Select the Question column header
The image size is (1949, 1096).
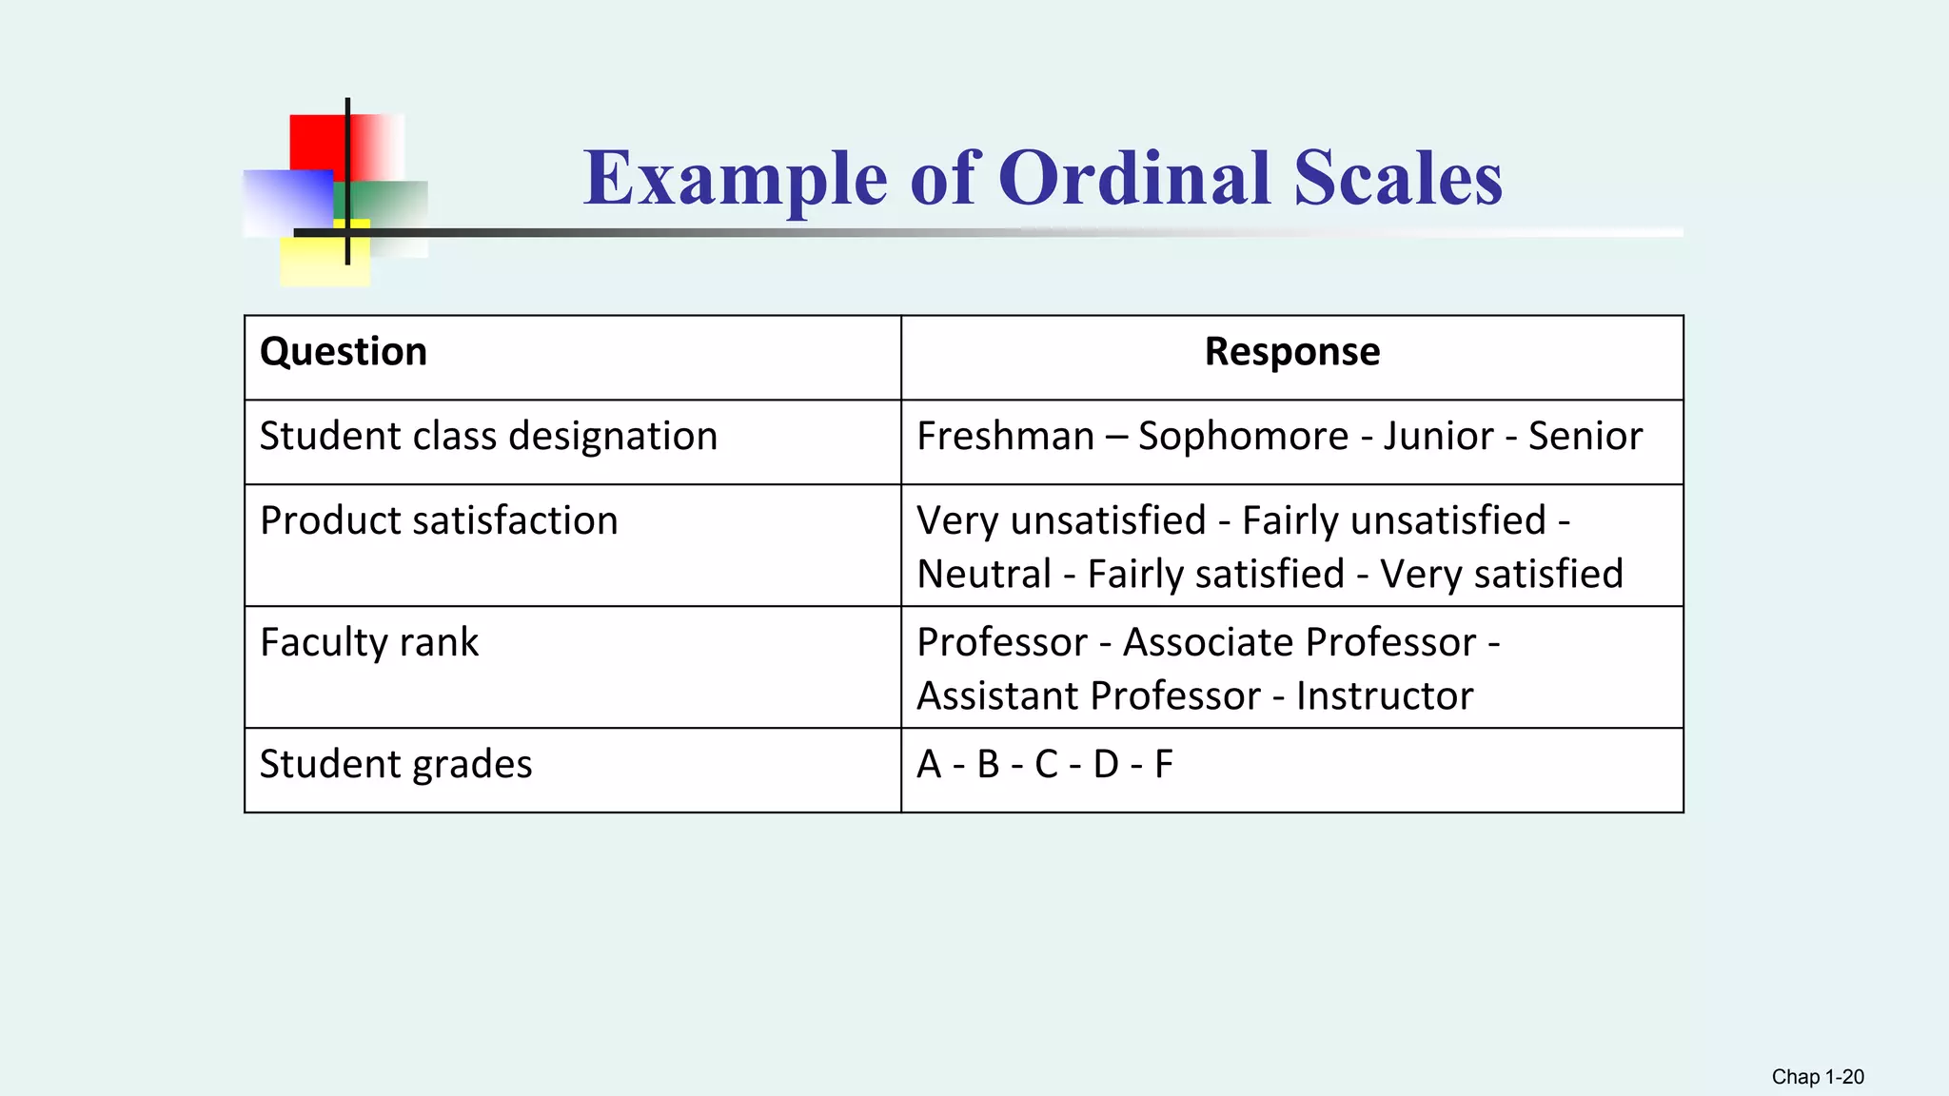click(x=344, y=352)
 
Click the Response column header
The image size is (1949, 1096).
click(x=1291, y=352)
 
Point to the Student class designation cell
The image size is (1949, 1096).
click(x=488, y=437)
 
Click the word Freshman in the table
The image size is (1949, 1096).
click(x=1005, y=437)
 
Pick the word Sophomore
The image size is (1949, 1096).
click(x=1243, y=437)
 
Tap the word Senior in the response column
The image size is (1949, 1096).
click(x=1585, y=437)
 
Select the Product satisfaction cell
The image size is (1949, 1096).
click(x=439, y=521)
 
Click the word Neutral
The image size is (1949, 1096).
click(x=984, y=575)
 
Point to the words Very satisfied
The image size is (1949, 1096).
click(x=1501, y=575)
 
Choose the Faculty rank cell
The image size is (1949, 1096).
click(x=369, y=643)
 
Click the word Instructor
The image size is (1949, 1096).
click(x=1384, y=696)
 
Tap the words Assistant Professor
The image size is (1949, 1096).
click(x=1088, y=696)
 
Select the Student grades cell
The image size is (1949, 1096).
click(x=396, y=765)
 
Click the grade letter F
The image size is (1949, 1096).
click(x=1163, y=765)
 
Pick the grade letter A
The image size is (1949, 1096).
click(x=929, y=765)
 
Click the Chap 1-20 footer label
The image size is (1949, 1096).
click(x=1817, y=1077)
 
